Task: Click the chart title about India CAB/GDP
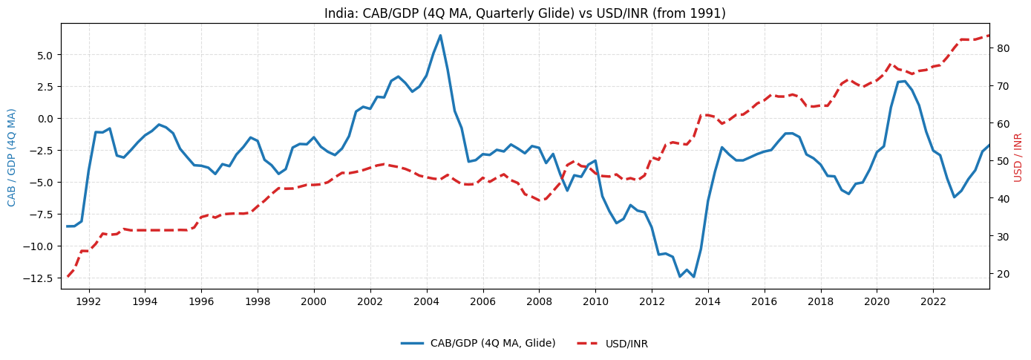coord(525,13)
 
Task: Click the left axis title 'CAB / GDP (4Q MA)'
coord(12,157)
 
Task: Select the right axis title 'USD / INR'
coord(1018,157)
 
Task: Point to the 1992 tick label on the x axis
coord(88,301)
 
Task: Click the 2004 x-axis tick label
coord(426,301)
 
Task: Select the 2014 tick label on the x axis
coord(707,301)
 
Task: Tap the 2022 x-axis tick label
coord(932,301)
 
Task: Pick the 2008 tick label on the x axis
coord(539,301)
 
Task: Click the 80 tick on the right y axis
coord(1002,48)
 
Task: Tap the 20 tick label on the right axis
coord(1002,274)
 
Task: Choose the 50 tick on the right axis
coord(1002,161)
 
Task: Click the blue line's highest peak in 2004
coord(440,35)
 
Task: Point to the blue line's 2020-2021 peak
coord(904,81)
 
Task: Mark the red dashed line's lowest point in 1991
coord(68,276)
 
